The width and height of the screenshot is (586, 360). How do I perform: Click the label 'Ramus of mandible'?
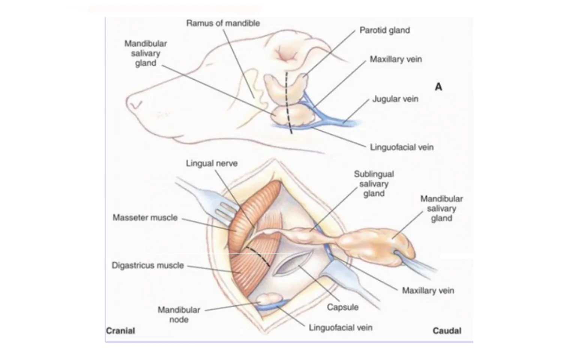point(223,23)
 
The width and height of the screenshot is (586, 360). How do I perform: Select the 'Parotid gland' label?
point(384,30)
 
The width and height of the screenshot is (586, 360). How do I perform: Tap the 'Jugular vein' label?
point(395,99)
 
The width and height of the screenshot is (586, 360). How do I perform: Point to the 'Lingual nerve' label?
point(212,163)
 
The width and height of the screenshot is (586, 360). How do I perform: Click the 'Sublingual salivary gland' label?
point(374,184)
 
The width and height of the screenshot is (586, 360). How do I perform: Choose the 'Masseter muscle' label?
point(145,217)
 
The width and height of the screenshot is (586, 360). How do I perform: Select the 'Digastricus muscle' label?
point(148,265)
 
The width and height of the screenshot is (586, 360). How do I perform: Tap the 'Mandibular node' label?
point(179,315)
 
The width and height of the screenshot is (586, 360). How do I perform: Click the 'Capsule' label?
point(342,307)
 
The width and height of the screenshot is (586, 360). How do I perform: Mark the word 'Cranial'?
point(120,331)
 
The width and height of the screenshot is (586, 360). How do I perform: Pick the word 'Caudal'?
point(447,331)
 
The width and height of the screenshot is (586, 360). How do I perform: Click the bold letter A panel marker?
point(438,87)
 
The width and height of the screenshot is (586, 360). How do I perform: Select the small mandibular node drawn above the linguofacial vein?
point(269,299)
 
